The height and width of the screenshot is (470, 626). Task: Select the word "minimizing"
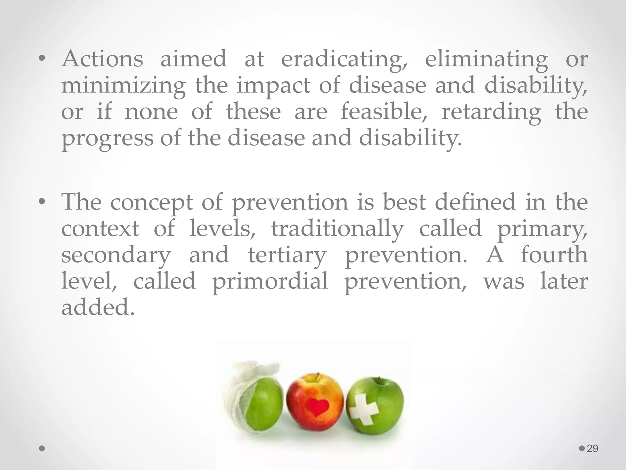pos(123,86)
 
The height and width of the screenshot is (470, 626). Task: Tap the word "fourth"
pos(554,255)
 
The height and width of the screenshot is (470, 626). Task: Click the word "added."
pos(98,307)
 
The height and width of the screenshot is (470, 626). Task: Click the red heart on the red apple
pos(318,407)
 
